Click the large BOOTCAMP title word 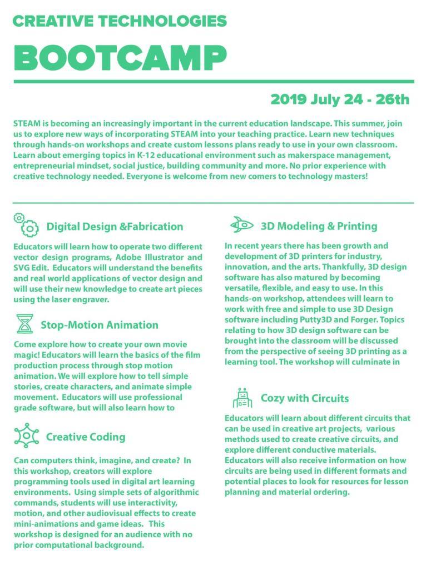(x=120, y=56)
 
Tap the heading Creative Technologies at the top (x=120, y=21)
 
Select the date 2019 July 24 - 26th (x=340, y=100)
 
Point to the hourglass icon (x=24, y=324)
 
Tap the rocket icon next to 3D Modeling (x=241, y=225)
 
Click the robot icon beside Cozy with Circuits (x=242, y=398)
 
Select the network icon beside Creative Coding (x=26, y=435)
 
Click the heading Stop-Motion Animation (x=99, y=325)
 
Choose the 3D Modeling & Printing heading (x=319, y=226)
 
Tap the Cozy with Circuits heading (x=305, y=398)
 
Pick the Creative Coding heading (x=85, y=437)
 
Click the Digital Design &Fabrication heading (x=115, y=227)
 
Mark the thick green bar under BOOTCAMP (x=214, y=81)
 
